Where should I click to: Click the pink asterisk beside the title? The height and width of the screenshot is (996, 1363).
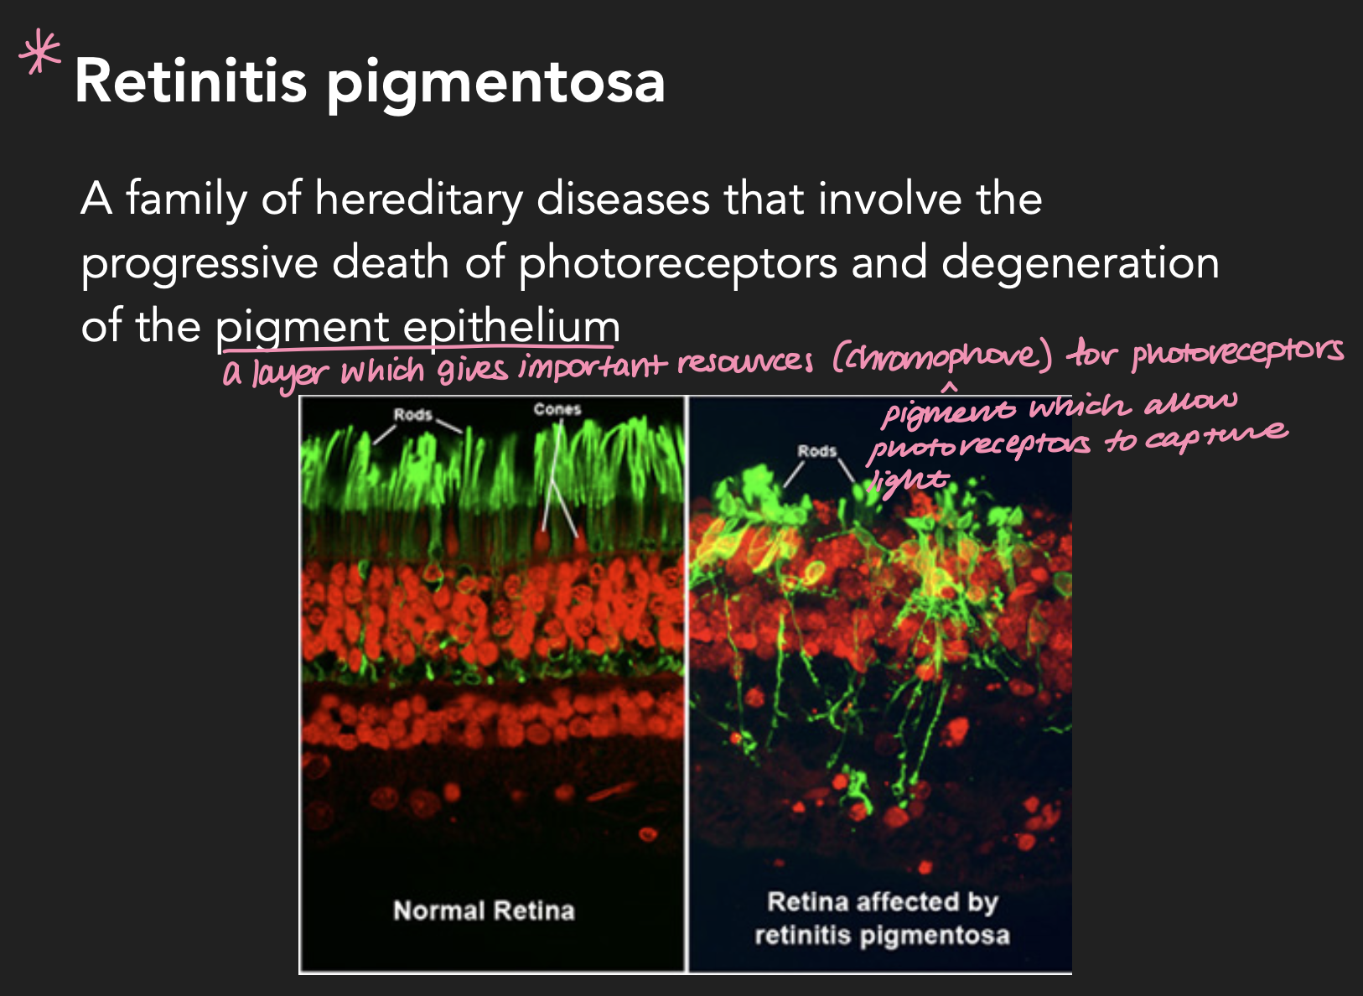[x=40, y=53]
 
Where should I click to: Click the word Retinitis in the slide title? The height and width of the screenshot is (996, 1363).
[x=190, y=81]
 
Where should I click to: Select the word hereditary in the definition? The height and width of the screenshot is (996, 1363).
[x=418, y=200]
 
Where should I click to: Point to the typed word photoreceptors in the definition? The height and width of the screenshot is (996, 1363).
[x=677, y=263]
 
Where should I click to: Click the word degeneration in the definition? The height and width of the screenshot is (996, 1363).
[x=1080, y=263]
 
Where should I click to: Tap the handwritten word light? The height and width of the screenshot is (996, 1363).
[x=909, y=480]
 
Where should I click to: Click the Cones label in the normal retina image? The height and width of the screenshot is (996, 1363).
[x=557, y=409]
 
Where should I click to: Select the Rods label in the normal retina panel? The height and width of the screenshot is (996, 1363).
[x=413, y=414]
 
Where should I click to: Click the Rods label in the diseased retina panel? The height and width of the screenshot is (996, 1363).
[x=816, y=451]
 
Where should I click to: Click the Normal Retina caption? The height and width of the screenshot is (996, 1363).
[x=484, y=910]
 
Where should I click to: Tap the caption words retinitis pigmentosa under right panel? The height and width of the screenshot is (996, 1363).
[x=882, y=935]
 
